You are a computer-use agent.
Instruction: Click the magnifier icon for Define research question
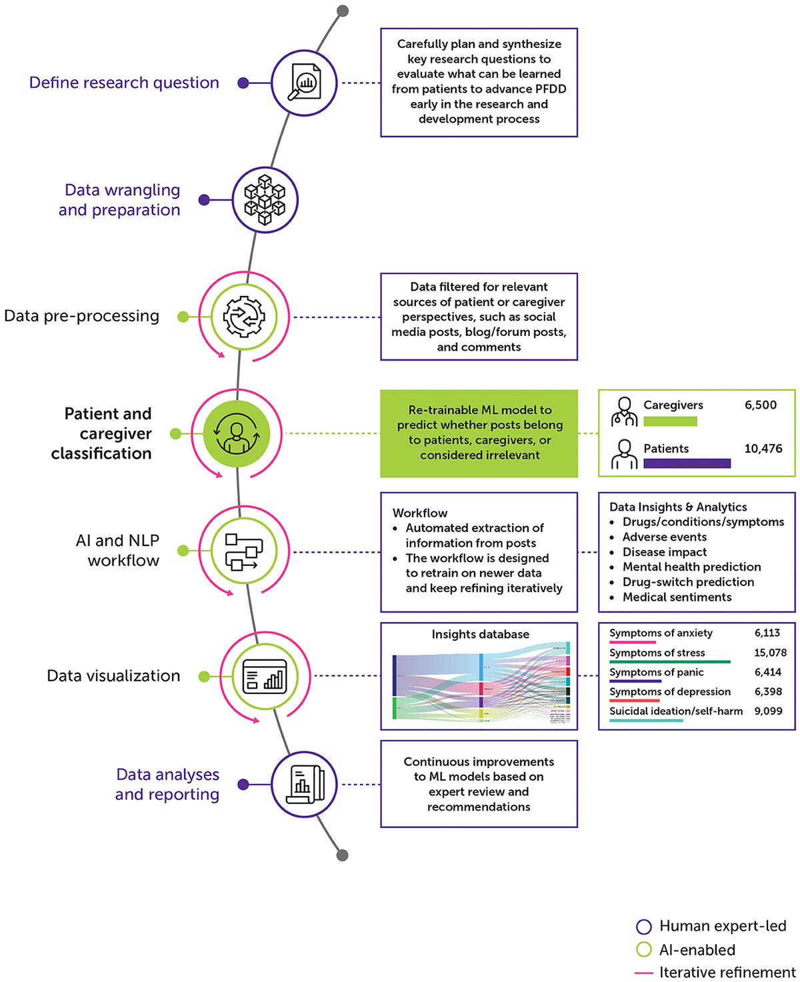tap(304, 83)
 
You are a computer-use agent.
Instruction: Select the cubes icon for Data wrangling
tap(265, 200)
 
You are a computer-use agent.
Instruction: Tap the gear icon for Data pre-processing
tap(244, 317)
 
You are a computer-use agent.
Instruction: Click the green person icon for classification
tap(237, 433)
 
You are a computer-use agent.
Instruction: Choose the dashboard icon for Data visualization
tap(265, 676)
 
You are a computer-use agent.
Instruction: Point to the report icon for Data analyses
tap(304, 785)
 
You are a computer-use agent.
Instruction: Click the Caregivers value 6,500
tap(760, 405)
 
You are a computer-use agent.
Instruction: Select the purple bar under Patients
tap(687, 463)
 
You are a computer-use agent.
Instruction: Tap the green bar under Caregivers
tap(670, 421)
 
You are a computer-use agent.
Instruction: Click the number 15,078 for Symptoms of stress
tap(770, 653)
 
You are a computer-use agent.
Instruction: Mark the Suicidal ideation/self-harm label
tap(675, 711)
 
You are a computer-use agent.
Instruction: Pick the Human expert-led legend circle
tap(643, 927)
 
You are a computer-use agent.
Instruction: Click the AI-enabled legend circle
tap(643, 950)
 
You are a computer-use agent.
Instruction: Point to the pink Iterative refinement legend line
tap(643, 973)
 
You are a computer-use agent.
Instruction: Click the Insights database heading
tap(480, 635)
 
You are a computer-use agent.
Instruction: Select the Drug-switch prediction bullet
tap(688, 582)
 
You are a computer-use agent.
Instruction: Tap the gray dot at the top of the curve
tap(343, 11)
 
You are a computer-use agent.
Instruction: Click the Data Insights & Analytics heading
tap(678, 507)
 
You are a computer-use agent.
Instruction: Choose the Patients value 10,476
tap(763, 449)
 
